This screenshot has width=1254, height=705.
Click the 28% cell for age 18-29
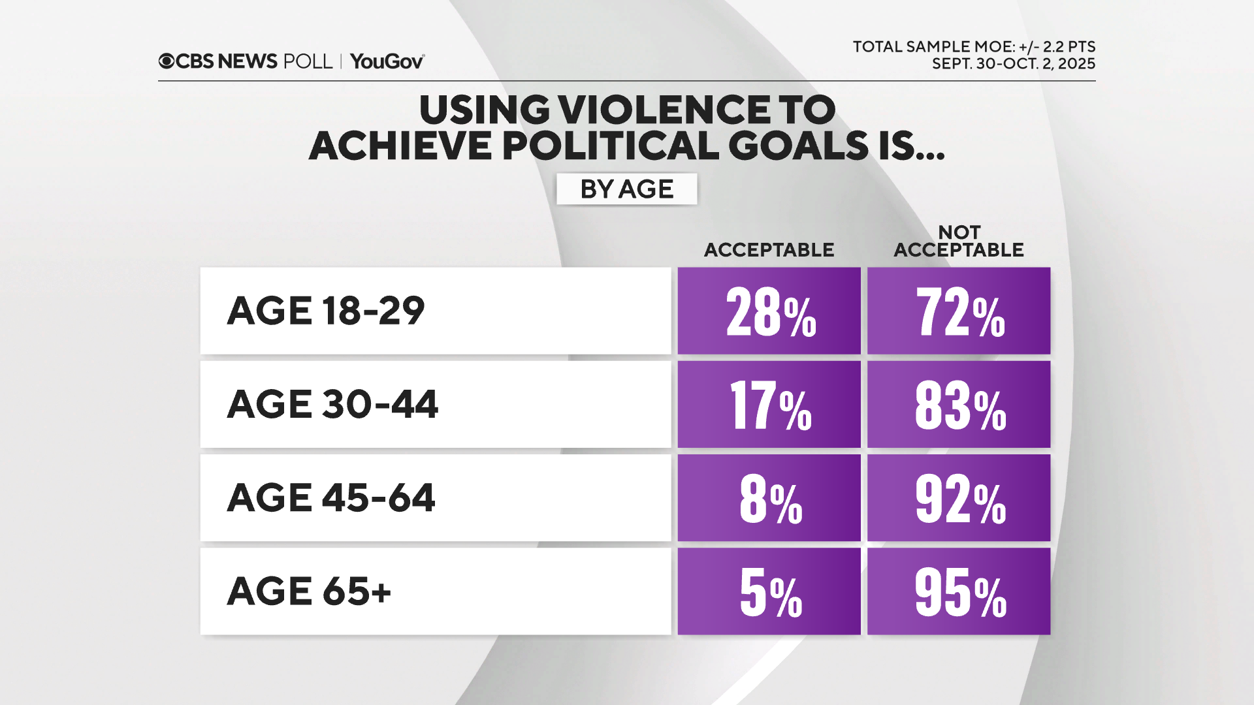coord(769,311)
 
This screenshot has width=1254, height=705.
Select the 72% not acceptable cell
coord(959,311)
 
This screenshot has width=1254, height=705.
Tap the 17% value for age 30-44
coord(769,405)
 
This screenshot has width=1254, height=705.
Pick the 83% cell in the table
coord(959,405)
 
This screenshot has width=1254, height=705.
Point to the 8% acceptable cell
coord(769,498)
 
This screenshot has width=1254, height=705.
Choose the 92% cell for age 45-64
coord(959,498)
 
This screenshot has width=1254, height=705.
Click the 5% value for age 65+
coord(769,591)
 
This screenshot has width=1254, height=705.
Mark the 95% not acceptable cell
coord(959,591)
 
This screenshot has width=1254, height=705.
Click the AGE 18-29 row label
coord(325,311)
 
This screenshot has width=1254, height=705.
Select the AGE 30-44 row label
coord(332,405)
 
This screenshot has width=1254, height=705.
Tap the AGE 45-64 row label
coord(330,498)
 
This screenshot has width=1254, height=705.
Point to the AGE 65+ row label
coord(309,591)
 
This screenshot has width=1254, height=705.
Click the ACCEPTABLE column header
coord(769,250)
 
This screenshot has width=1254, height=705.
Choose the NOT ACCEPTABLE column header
coord(959,242)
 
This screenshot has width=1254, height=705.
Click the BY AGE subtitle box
coord(626,189)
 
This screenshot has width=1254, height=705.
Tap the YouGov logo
coord(387,61)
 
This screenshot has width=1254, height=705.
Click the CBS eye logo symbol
coord(167,61)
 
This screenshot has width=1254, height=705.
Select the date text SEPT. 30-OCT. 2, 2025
coord(1013,64)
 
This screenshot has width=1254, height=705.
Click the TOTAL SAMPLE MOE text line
coord(974,47)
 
